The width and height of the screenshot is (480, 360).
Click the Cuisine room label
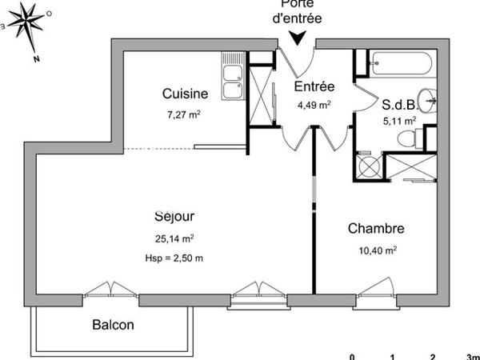click(x=185, y=94)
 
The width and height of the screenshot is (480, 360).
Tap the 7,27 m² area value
click(x=184, y=114)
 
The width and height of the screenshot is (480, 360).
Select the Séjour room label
click(x=174, y=216)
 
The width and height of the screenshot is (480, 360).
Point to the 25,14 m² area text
click(x=174, y=238)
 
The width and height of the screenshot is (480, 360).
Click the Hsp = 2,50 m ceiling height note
click(x=174, y=257)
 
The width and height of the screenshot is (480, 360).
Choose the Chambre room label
click(x=375, y=229)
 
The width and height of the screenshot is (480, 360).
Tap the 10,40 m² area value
click(x=376, y=250)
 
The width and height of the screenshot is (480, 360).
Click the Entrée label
click(x=314, y=86)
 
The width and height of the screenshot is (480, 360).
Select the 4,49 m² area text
click(x=314, y=104)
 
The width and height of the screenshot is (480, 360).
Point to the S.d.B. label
click(x=398, y=103)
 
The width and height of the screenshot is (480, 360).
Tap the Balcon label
click(x=113, y=326)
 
